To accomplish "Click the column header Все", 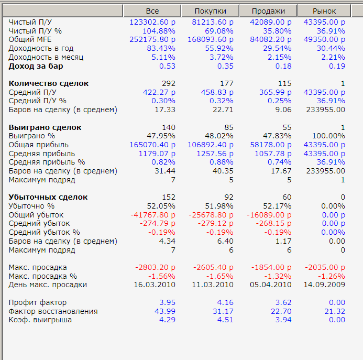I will (152, 11).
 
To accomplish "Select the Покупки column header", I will (210, 11).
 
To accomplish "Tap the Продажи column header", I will (268, 11).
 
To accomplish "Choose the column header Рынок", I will (324, 11).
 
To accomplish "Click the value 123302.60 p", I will (152, 22).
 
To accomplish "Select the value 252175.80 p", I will (152, 40).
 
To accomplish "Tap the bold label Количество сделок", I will (49, 83).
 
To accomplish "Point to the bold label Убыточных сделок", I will (48, 197).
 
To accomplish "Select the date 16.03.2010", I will (155, 285).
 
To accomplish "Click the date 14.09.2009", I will (324, 285).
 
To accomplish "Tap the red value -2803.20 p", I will (155, 267).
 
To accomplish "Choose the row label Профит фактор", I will (38, 302).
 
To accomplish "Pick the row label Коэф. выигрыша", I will (40, 320).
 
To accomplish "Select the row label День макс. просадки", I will (48, 285).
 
